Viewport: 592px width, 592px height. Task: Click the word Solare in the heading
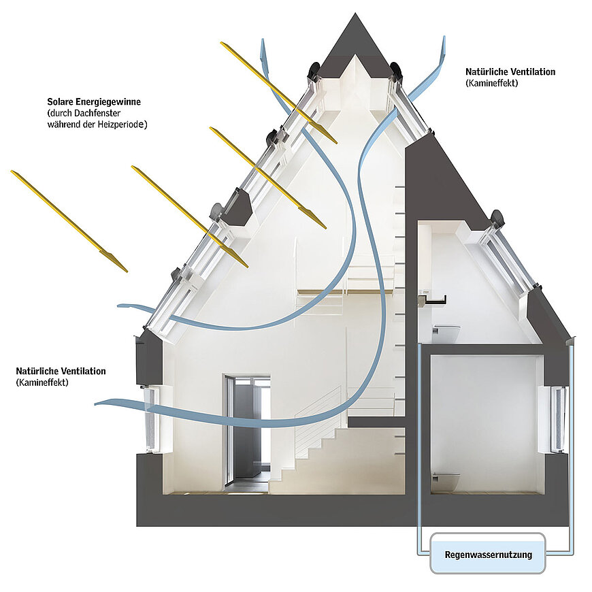pos(61,101)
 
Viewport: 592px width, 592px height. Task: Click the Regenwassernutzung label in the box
pos(488,555)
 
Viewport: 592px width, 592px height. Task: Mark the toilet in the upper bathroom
pos(446,332)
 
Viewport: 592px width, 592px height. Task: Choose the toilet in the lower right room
pos(445,478)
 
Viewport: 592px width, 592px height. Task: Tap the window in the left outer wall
pos(151,419)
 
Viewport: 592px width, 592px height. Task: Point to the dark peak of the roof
pos(354,41)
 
